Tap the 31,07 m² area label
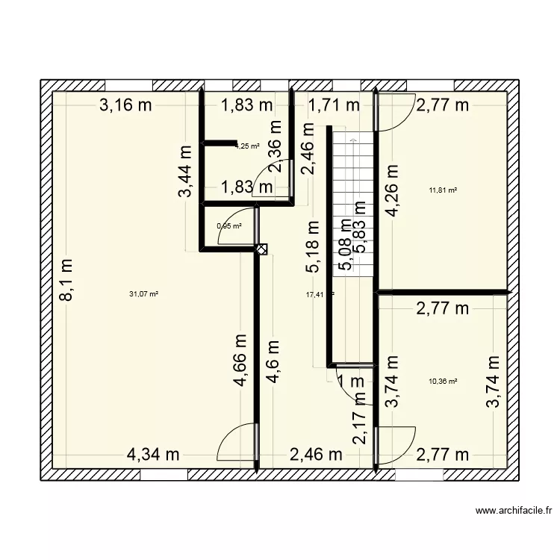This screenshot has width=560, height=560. coord(144,294)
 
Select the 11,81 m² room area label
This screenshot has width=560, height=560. coord(442,190)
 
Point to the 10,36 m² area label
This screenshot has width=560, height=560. coord(442,381)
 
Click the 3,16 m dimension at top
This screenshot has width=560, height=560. coord(126,105)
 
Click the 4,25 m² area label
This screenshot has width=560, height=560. coord(247,146)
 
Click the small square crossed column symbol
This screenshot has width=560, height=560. coord(261,250)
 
